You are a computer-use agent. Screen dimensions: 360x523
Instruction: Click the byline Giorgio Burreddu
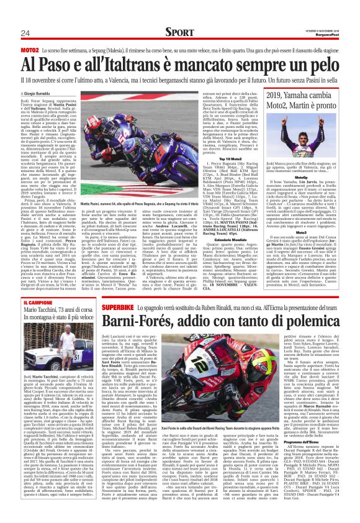(x=40, y=93)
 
